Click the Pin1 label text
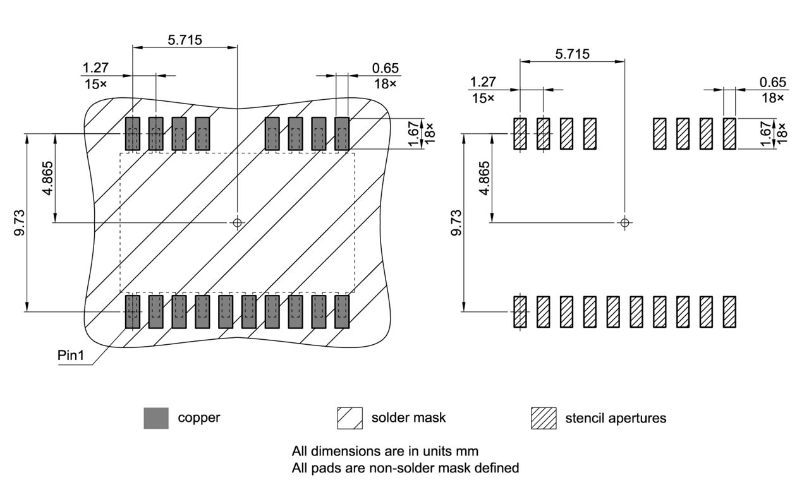point(70,356)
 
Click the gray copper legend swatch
point(156,418)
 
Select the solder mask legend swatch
point(350,418)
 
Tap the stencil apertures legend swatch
point(544,418)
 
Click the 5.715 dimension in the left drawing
point(185,40)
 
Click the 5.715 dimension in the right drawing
point(572,54)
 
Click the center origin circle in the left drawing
point(238,222)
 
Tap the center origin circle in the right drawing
point(624,222)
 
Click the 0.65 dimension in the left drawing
point(386,68)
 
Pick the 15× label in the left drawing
point(94,83)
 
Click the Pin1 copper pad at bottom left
point(132,311)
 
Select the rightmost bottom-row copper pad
point(342,311)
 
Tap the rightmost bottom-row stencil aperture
point(729,311)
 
